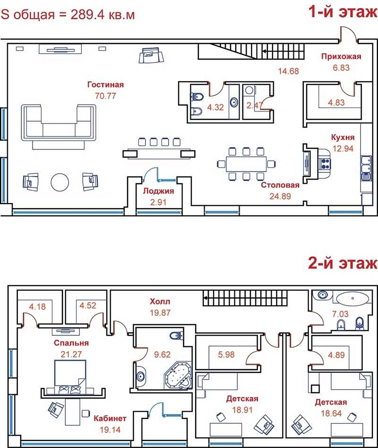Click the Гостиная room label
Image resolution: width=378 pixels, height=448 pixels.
[x=105, y=85]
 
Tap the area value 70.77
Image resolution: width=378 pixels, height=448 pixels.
[x=105, y=96]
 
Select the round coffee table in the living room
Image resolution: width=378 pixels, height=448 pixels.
[x=60, y=182]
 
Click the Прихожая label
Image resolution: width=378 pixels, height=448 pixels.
[x=341, y=56]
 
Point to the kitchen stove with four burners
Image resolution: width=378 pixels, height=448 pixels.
[x=326, y=164]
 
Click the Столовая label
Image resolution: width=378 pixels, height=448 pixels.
[x=280, y=185]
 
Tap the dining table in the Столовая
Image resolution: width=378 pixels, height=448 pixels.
[x=246, y=164]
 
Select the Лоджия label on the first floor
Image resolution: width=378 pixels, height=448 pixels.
[x=158, y=191]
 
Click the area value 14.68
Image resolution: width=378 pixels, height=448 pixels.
[x=289, y=71]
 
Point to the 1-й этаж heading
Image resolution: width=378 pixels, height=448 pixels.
[x=343, y=12]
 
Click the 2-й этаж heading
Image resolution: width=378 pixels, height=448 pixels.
[x=343, y=263]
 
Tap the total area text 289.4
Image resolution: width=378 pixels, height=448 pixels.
[x=88, y=14]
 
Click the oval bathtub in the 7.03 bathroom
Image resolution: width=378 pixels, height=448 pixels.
[x=352, y=298]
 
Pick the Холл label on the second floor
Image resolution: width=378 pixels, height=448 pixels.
[x=160, y=302]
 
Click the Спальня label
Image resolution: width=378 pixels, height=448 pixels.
[x=71, y=343]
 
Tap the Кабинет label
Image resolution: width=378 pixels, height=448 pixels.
[x=110, y=419]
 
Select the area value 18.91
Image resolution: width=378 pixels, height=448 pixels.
[x=242, y=410]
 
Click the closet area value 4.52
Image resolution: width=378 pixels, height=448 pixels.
[x=88, y=305]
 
